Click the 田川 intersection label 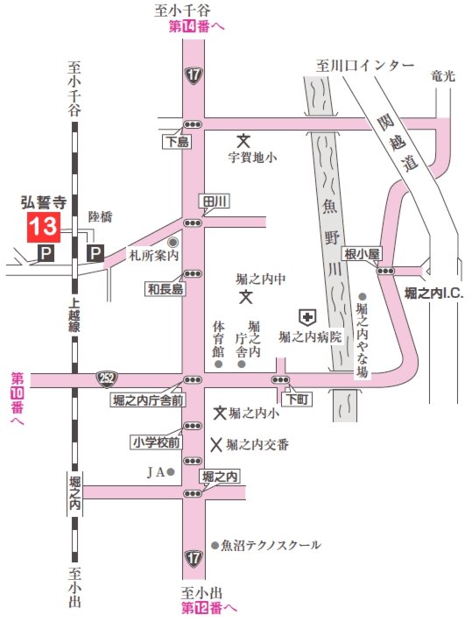(x=215, y=201)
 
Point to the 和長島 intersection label (x=166, y=288)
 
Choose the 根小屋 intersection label (x=362, y=254)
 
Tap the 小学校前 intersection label (x=156, y=442)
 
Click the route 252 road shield (x=107, y=379)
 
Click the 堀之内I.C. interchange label (x=433, y=293)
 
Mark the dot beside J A (x=172, y=472)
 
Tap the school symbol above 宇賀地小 (x=244, y=140)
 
